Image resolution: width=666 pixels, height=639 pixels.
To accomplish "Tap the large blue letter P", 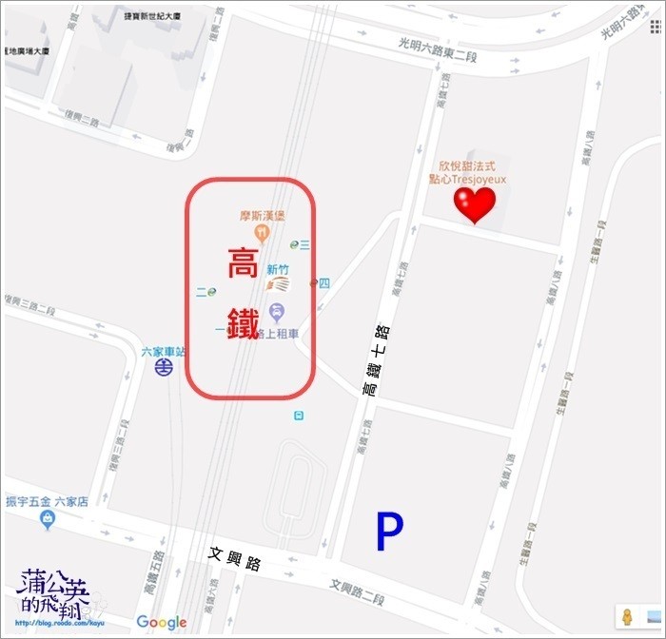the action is (387, 533).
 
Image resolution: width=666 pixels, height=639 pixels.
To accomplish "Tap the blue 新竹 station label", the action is (278, 269).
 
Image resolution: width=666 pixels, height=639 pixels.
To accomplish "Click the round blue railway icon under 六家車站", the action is (165, 367).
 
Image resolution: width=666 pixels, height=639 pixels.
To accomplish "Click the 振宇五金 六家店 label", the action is (47, 501).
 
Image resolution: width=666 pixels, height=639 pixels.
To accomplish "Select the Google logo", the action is (161, 622).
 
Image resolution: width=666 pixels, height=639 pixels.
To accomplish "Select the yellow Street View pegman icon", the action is (627, 615).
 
